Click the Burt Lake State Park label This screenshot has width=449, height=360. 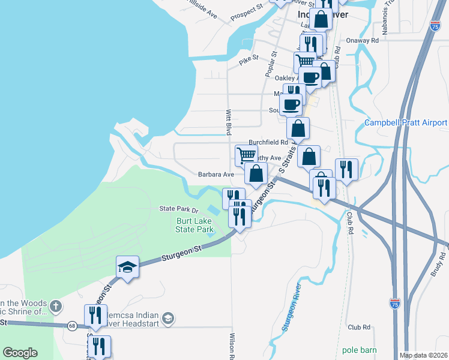[x=194, y=225]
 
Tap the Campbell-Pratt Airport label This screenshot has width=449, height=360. [x=406, y=123]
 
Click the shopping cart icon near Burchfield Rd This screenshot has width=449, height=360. [x=246, y=155]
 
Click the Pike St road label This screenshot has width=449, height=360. [x=248, y=58]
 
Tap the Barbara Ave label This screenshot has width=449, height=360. [x=215, y=175]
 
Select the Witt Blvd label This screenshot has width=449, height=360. [x=228, y=122]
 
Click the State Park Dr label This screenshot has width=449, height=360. [x=178, y=209]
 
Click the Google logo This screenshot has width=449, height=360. [x=20, y=353]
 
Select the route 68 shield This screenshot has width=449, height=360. [x=71, y=325]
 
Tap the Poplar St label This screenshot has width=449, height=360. [x=270, y=64]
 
